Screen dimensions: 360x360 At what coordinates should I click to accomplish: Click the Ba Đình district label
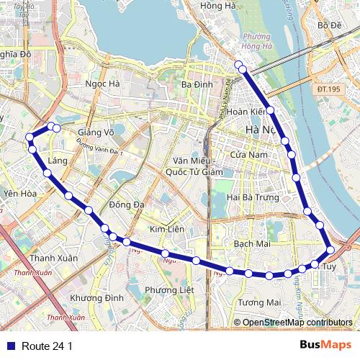[x=197, y=84]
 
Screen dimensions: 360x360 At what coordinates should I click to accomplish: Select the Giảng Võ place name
[x=96, y=132]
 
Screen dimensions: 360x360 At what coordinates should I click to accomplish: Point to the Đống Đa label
[x=127, y=205]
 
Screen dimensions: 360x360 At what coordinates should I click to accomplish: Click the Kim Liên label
[x=166, y=229]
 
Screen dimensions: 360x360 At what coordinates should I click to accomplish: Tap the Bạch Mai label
[x=252, y=244]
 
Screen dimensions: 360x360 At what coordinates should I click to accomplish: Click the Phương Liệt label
[x=169, y=289]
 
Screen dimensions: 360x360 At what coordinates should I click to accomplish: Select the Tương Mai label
[x=259, y=302]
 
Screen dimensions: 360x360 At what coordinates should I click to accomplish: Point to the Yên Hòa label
[x=19, y=194]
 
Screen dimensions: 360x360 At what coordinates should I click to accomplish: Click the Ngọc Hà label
[x=102, y=84]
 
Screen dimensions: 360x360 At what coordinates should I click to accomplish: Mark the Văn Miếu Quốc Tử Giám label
[x=194, y=166]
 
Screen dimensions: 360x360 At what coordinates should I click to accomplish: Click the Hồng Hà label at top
[x=218, y=6]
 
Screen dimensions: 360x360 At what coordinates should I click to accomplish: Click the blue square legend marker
[x=9, y=346]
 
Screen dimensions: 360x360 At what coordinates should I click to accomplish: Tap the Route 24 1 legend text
[x=47, y=346]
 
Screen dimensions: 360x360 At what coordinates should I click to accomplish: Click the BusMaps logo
[x=325, y=346]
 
